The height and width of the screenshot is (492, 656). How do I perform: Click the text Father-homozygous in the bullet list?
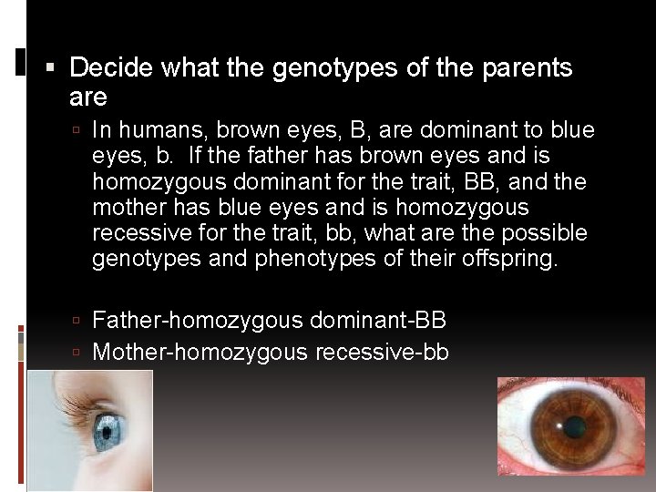click(198, 321)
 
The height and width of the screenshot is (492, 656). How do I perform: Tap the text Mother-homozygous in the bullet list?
click(200, 352)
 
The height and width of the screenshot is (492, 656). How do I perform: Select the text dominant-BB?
click(378, 321)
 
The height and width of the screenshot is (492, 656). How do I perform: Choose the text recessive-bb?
click(382, 352)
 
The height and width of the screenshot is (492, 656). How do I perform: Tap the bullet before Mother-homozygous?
click(79, 353)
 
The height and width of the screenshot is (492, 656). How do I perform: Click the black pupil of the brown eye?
click(573, 426)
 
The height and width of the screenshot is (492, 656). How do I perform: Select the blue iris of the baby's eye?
click(108, 427)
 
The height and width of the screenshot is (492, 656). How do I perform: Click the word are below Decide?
click(88, 97)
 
